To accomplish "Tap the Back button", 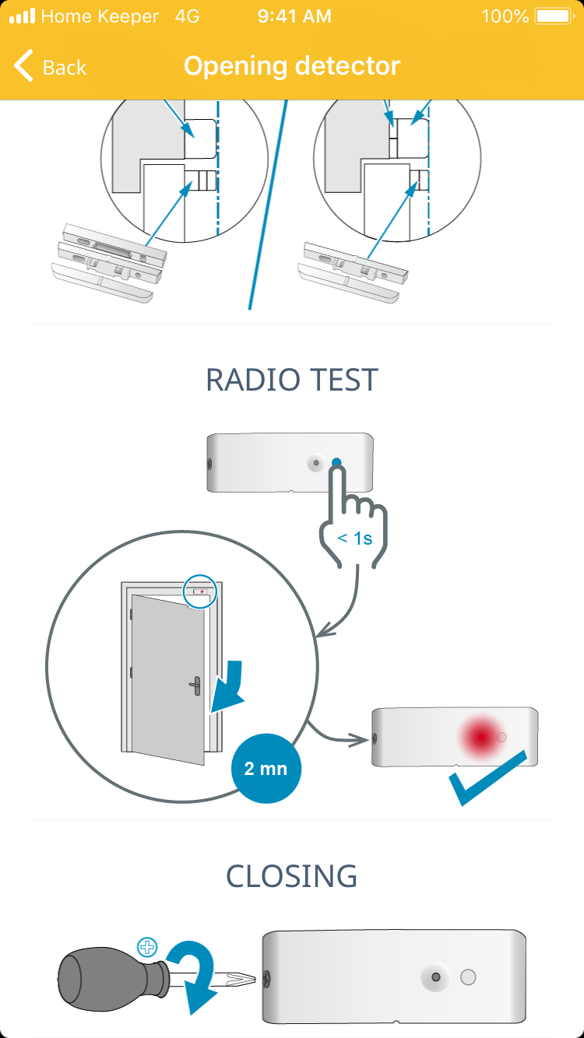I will coord(51,67).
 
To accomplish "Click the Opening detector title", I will coord(292,66).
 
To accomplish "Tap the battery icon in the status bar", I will coord(554,16).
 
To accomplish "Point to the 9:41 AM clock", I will coord(294,16).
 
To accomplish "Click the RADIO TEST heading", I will coord(292,380).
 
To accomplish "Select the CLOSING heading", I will coord(292,876).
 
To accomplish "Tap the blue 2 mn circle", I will coord(266,768).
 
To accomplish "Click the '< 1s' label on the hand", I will coord(354,538).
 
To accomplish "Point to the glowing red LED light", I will coord(481,736).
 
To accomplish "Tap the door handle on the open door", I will coord(195,686).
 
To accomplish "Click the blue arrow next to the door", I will coord(230,686).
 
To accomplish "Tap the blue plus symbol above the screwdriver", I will coord(146,947).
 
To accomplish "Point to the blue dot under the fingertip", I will coord(336,463).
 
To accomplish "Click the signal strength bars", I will coord(22,16).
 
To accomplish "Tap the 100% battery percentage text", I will coord(505,16).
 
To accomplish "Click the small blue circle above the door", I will coord(199,592).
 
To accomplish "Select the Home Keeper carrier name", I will coord(99,16).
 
